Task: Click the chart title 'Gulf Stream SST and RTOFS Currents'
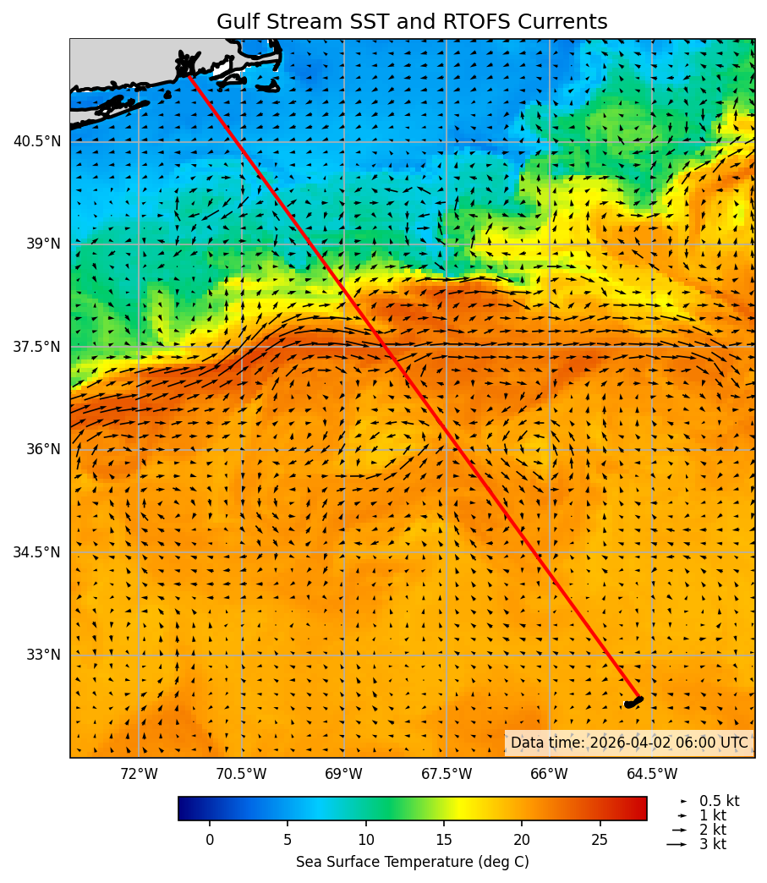click(x=412, y=22)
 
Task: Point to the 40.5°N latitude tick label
click(x=37, y=141)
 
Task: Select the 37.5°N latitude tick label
click(x=37, y=347)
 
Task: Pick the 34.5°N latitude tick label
click(x=37, y=552)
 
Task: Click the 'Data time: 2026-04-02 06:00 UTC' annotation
click(x=629, y=743)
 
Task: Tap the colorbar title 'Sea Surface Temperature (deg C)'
click(x=412, y=862)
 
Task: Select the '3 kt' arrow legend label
click(x=712, y=844)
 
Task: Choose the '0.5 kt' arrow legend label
click(x=719, y=801)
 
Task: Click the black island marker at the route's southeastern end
click(x=633, y=702)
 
